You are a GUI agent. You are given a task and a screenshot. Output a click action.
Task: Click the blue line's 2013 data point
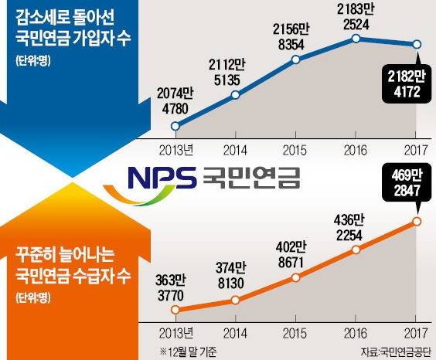pos(175,126)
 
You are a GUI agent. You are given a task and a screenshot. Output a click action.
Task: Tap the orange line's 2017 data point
pos(417,222)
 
